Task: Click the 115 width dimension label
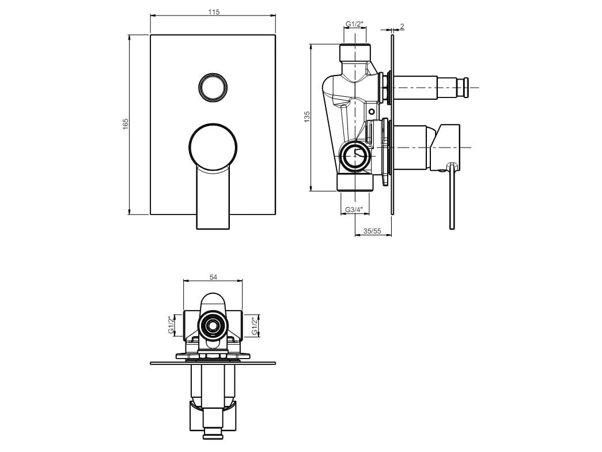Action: [214, 12]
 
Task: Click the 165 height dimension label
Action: [126, 124]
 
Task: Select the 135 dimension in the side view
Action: [306, 117]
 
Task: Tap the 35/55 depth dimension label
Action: [372, 231]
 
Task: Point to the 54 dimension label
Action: [214, 277]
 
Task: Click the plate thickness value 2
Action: [402, 27]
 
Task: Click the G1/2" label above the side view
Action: [354, 24]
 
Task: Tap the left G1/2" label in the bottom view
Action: [171, 325]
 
